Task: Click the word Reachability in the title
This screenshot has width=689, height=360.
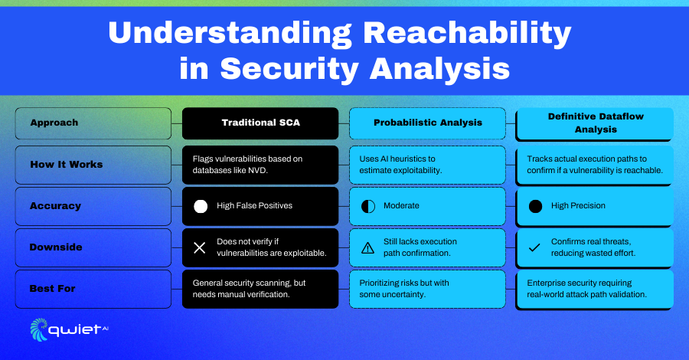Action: [x=467, y=33]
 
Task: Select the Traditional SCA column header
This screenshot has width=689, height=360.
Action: [x=260, y=123]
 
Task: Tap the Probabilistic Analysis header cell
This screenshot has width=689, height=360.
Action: [x=427, y=123]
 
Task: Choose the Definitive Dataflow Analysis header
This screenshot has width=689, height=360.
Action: [x=595, y=123]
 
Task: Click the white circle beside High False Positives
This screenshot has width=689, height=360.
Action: [x=201, y=206]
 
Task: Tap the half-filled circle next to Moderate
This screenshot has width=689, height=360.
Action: [x=367, y=206]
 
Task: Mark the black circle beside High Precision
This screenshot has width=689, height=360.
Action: [x=535, y=206]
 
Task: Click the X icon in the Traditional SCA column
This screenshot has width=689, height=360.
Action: [x=200, y=248]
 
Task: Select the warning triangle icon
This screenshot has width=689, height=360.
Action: [x=367, y=248]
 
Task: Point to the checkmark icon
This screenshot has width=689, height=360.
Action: [x=534, y=248]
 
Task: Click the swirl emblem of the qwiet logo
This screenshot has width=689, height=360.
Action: [x=39, y=329]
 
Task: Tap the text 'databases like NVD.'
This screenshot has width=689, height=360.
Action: [x=230, y=171]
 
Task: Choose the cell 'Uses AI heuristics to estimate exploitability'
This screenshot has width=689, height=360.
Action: [x=427, y=165]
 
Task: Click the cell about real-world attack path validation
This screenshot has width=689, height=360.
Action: [x=595, y=290]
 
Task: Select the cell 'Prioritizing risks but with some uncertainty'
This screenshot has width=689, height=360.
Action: [x=427, y=289]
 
